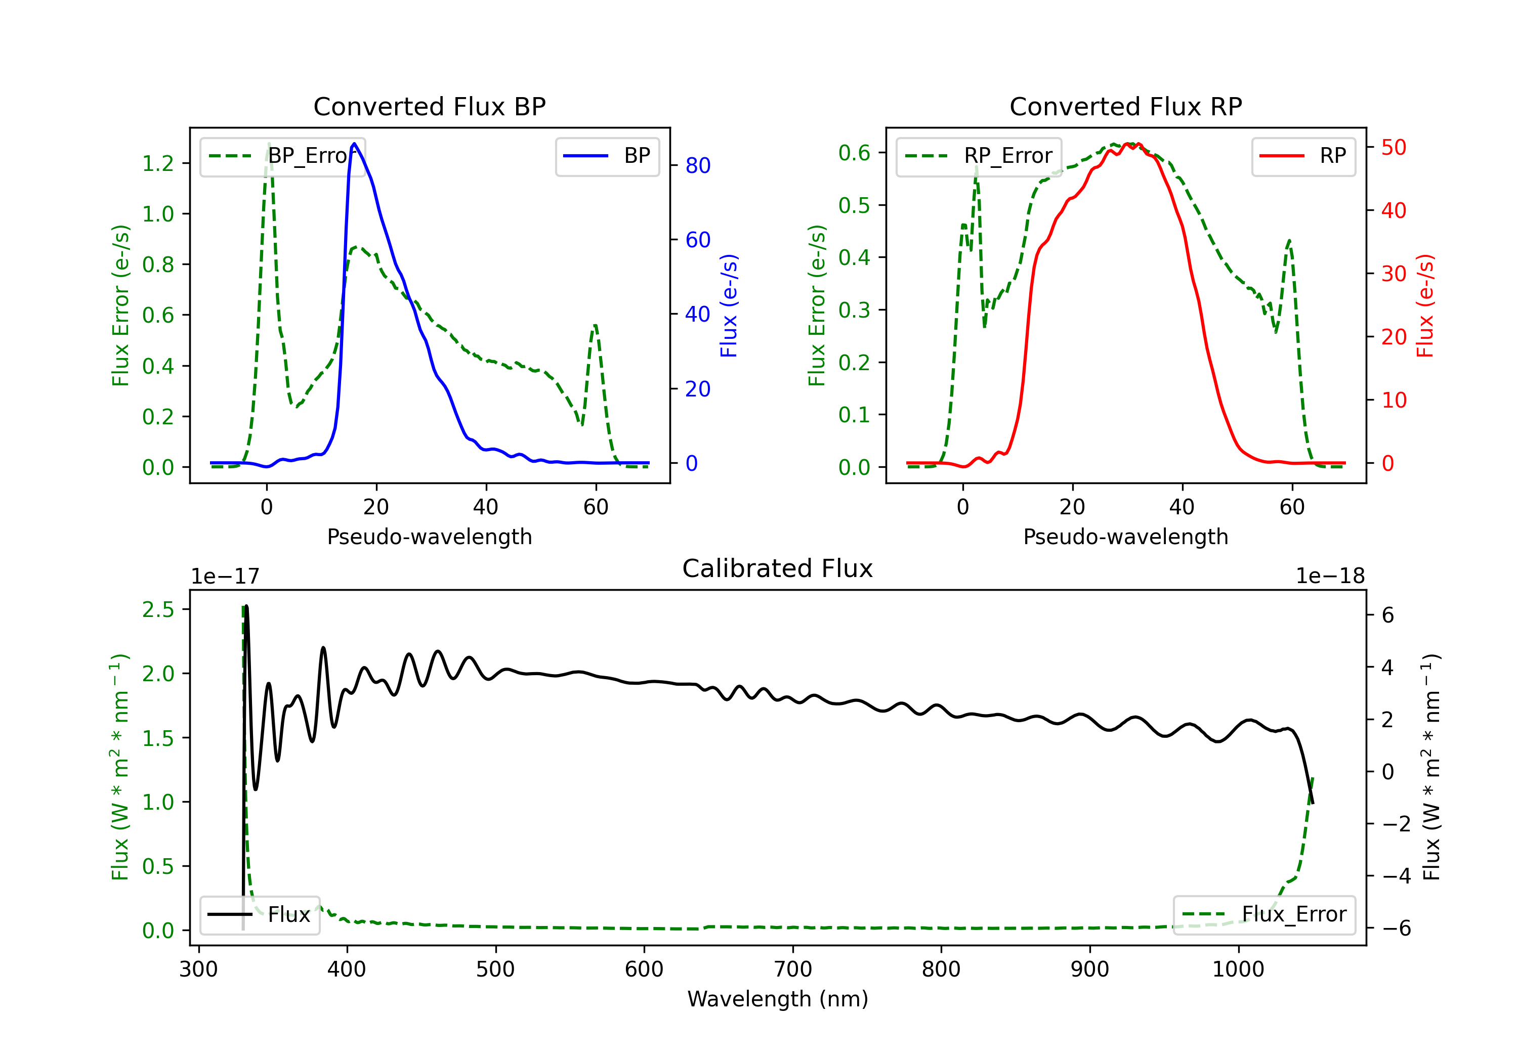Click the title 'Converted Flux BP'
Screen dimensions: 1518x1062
[430, 106]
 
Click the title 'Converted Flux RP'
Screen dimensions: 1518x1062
[1126, 106]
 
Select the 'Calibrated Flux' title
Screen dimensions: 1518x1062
[778, 568]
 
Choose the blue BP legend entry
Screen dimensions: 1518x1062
[607, 156]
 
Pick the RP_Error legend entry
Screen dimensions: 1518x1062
[979, 156]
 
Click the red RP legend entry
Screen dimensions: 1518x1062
[1303, 156]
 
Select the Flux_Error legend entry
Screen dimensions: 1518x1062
[1264, 915]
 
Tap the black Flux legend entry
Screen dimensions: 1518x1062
[259, 915]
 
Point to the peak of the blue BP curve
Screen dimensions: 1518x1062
[354, 144]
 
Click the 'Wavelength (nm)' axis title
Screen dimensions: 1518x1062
[778, 999]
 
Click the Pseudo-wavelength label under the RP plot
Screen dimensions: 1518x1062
[1126, 537]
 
